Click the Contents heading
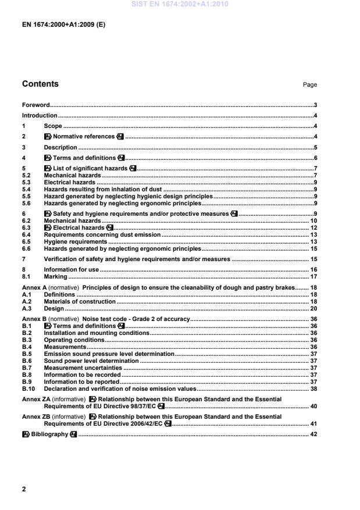(x=40, y=84)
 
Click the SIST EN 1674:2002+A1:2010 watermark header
(x=180, y=5)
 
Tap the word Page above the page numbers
(x=309, y=85)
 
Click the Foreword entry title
(x=35, y=105)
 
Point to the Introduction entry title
(x=40, y=116)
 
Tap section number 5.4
(x=26, y=188)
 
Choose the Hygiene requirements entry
(x=76, y=241)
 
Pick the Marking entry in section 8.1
(x=55, y=277)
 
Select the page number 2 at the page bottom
(x=24, y=489)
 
